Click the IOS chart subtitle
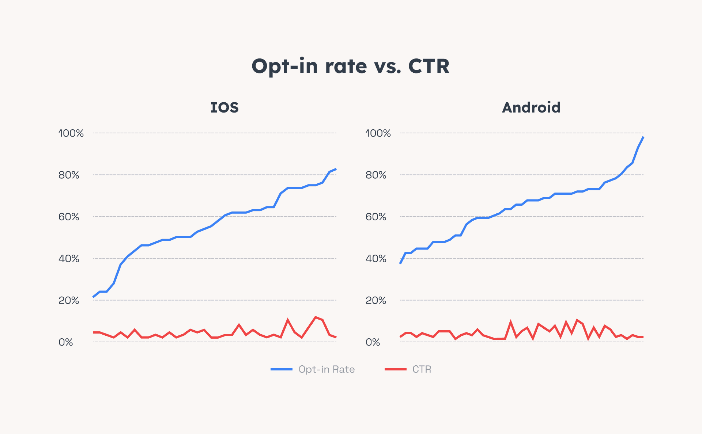point(224,108)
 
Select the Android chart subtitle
point(531,108)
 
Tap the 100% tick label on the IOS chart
point(71,133)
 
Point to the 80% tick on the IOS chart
point(69,175)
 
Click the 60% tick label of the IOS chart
point(69,217)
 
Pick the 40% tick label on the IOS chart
point(69,259)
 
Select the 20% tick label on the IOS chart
point(69,300)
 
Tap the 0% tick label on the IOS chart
point(66,342)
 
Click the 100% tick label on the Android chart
point(378,133)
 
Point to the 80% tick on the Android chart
point(376,175)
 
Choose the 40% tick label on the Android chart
point(376,259)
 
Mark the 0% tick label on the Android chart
point(373,342)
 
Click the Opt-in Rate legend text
point(327,369)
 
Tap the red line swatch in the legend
point(395,369)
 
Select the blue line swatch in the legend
point(281,369)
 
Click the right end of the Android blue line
point(643,137)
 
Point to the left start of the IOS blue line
point(94,297)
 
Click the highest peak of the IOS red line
point(315,317)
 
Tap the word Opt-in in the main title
point(285,66)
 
